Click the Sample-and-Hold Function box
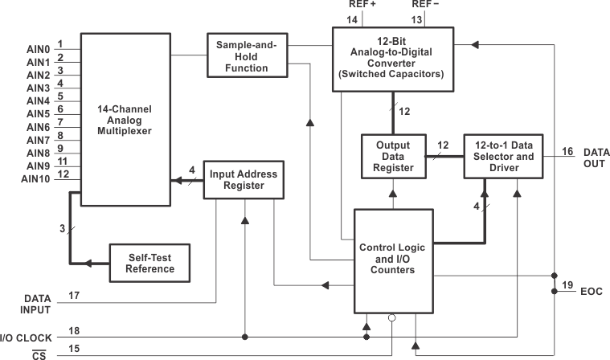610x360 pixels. pos(248,55)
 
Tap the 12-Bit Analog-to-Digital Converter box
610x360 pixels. pos(392,58)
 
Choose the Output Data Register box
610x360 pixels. pos(393,156)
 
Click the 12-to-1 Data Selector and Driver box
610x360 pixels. pos(503,156)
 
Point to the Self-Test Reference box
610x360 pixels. pos(151,263)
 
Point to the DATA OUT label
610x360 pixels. pos(596,157)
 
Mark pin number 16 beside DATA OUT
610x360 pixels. pos(567,151)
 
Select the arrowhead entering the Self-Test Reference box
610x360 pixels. pos(91,263)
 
